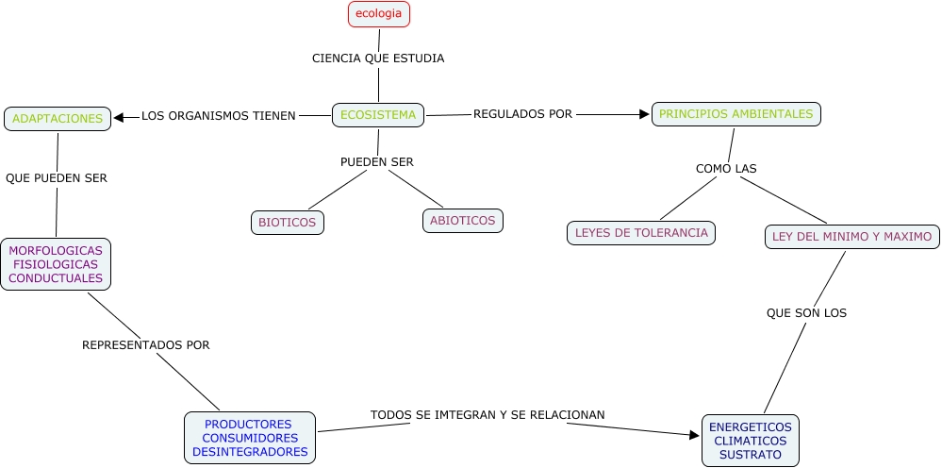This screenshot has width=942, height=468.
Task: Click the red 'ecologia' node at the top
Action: (x=379, y=14)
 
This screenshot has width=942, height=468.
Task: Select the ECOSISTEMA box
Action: (x=378, y=115)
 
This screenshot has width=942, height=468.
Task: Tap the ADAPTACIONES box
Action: (x=58, y=119)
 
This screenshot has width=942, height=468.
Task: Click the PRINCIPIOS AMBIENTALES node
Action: (x=735, y=114)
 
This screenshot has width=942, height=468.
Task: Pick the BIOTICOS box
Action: (x=288, y=223)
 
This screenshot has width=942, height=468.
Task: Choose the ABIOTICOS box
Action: (x=462, y=221)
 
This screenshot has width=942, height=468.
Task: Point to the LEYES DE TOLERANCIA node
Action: (x=641, y=232)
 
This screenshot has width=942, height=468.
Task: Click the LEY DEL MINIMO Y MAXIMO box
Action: (x=851, y=236)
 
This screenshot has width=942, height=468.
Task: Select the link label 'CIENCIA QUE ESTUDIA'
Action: (x=378, y=58)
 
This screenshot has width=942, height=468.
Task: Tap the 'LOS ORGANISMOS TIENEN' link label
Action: (x=218, y=116)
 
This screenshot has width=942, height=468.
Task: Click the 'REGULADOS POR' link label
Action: (x=522, y=114)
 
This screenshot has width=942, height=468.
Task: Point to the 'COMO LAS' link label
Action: (x=726, y=169)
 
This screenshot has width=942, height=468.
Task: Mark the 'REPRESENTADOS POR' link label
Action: (x=146, y=345)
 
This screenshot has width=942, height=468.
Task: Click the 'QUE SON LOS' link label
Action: (x=806, y=313)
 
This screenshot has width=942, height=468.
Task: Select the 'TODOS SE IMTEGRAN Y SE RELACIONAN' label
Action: (x=488, y=414)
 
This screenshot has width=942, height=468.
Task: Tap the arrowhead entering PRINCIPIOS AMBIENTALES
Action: (x=644, y=114)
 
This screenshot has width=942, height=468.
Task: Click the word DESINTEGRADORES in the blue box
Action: (x=250, y=452)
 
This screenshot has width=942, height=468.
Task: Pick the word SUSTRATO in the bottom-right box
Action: (x=751, y=455)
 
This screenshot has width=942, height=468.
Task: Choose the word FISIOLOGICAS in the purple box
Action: (x=56, y=265)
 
